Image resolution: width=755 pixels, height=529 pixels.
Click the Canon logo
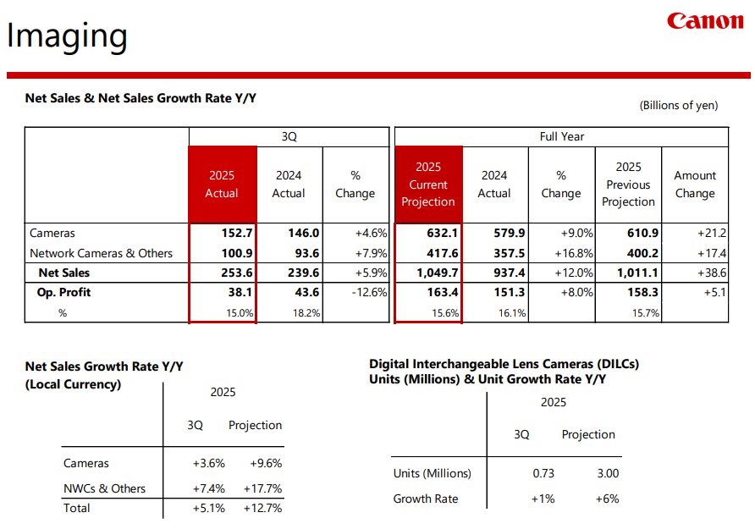pyautogui.click(x=704, y=20)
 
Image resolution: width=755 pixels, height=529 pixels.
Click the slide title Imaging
pyautogui.click(x=67, y=36)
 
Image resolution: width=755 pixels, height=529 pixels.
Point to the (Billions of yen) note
pyautogui.click(x=678, y=106)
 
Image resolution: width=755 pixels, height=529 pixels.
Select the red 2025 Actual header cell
pyautogui.click(x=222, y=185)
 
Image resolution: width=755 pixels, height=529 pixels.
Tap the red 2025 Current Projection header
pyautogui.click(x=427, y=185)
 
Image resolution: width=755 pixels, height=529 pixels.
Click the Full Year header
pyautogui.click(x=561, y=136)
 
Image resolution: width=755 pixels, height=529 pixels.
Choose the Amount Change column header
pyautogui.click(x=694, y=185)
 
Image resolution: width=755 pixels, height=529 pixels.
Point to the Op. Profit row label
pyautogui.click(x=63, y=293)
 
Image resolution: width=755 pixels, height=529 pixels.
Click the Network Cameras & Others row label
pyautogui.click(x=101, y=253)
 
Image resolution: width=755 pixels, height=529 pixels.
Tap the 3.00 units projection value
pyautogui.click(x=607, y=473)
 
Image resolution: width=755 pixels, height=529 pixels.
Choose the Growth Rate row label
pyautogui.click(x=425, y=499)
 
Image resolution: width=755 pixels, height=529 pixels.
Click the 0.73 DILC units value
pyautogui.click(x=543, y=473)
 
